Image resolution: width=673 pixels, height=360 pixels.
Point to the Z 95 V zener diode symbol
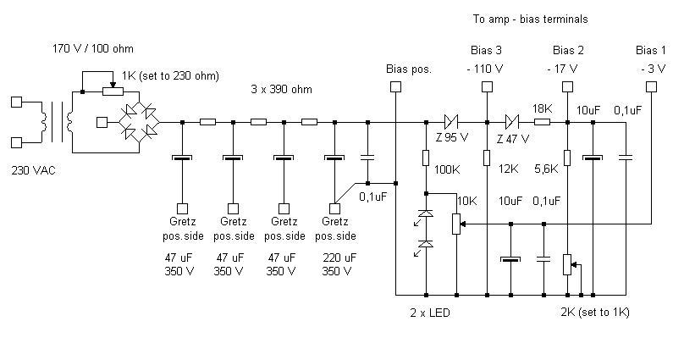(451, 122)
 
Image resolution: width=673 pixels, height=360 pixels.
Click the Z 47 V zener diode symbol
(512, 122)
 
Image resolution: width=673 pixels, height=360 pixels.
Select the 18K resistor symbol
(542, 122)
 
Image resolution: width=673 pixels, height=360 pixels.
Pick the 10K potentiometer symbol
(457, 223)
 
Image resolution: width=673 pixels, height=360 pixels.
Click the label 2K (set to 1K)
(594, 313)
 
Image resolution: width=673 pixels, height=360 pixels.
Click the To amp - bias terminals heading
(530, 18)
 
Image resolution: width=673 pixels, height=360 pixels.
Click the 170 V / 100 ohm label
(93, 48)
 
